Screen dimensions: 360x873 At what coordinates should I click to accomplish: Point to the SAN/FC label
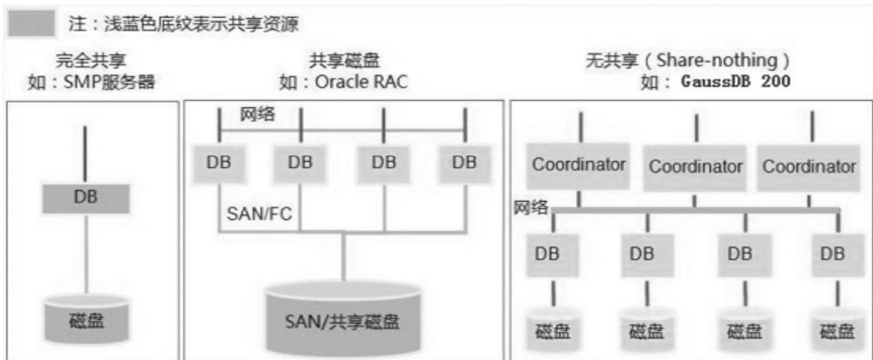(x=259, y=213)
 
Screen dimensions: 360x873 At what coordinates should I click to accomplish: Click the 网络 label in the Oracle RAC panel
(x=258, y=116)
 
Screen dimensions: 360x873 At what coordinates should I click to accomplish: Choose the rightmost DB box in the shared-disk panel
(x=464, y=163)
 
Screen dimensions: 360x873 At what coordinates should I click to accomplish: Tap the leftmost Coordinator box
(x=579, y=165)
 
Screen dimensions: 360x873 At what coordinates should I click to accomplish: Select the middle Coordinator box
(x=695, y=167)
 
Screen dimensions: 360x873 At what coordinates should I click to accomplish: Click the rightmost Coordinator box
(x=809, y=167)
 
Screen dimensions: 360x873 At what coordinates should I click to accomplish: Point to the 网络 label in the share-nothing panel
(x=531, y=209)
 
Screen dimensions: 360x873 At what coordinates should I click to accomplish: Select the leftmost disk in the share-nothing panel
(x=553, y=330)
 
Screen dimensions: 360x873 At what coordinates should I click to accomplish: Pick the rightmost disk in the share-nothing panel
(x=837, y=330)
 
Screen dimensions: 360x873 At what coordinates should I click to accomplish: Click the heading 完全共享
(x=91, y=61)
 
